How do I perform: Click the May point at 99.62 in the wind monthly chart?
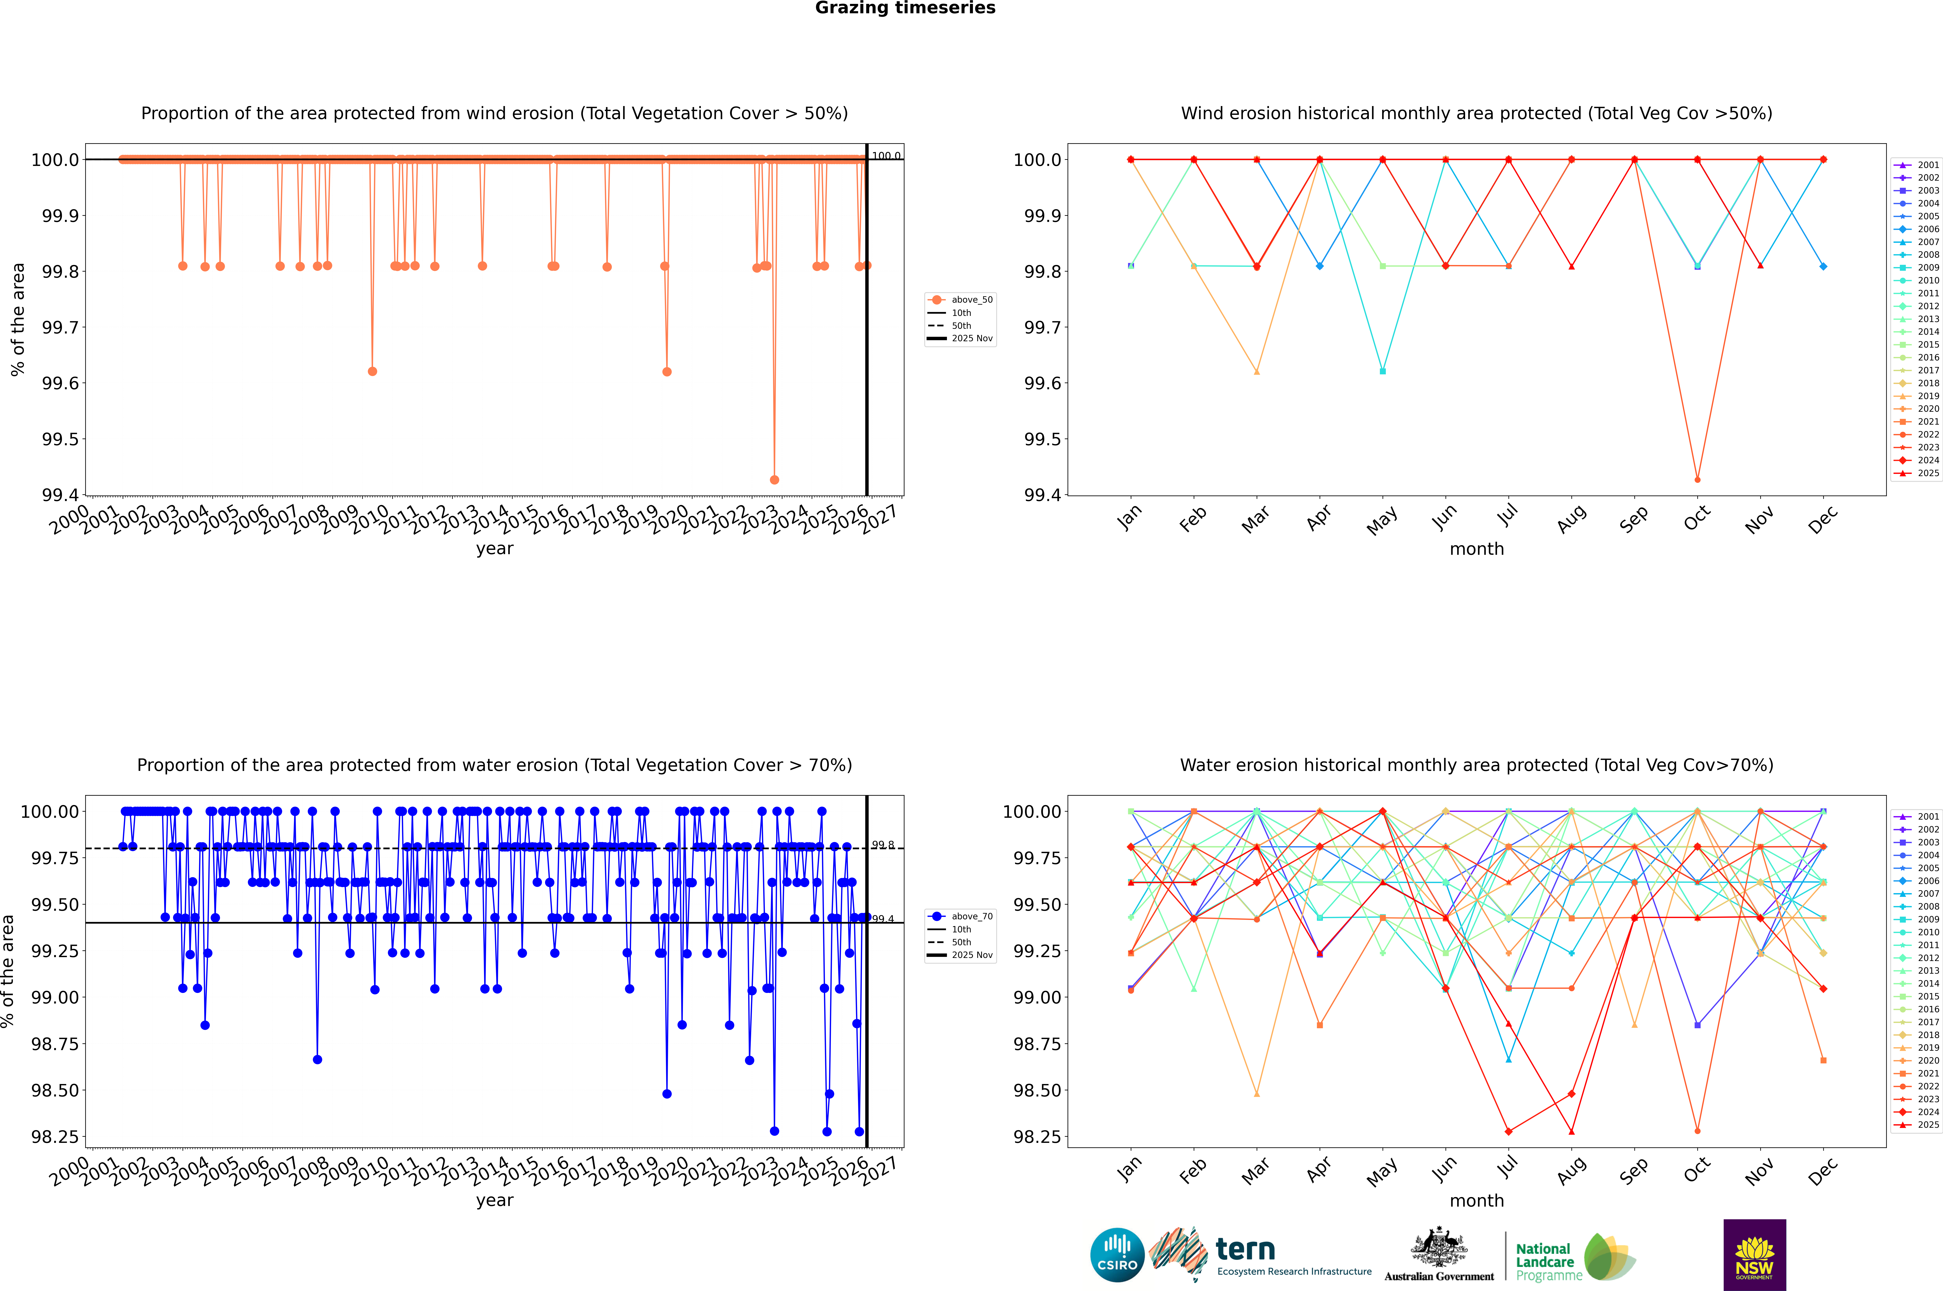click(x=1382, y=371)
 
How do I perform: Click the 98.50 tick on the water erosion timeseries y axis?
click(x=55, y=1090)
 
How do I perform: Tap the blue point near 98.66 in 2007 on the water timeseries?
click(x=317, y=1060)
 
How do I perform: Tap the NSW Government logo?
click(x=1754, y=1255)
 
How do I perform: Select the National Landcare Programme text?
click(x=1545, y=1261)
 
